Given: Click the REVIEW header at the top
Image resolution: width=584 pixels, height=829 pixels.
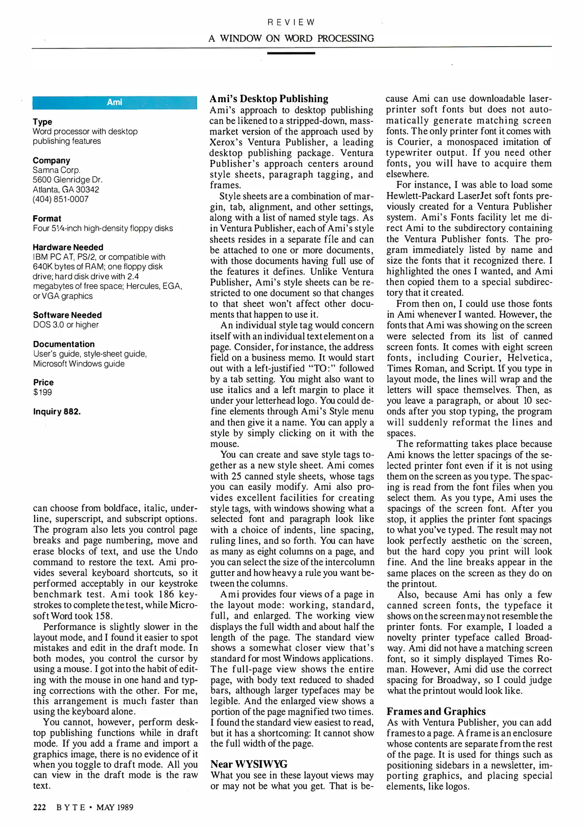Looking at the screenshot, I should point(291,22).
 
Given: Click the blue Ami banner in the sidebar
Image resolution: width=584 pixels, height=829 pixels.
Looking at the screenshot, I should point(115,102).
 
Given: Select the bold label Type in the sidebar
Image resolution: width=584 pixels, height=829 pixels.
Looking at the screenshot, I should point(42,122).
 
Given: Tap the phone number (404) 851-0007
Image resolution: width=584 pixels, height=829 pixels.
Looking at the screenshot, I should point(61,199).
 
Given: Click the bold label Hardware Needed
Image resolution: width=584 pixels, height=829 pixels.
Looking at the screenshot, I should point(68,247).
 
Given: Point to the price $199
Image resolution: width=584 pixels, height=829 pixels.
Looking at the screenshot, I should point(42,392).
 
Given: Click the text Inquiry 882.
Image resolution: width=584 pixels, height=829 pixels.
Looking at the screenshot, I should point(57,412).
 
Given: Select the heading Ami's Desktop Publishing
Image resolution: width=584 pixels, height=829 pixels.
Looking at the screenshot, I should point(269,99).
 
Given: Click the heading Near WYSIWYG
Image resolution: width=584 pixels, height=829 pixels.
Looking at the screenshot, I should point(249,764).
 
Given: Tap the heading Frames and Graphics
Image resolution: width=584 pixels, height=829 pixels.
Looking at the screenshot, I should point(436,712).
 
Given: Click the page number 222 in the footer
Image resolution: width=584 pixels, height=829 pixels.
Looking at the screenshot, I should point(40,807).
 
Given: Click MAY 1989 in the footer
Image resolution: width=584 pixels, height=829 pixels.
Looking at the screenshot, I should point(115,807).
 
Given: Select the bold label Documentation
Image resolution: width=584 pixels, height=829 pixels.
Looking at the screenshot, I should point(64,344).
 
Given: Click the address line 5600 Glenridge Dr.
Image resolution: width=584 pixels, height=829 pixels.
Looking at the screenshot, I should point(68,180).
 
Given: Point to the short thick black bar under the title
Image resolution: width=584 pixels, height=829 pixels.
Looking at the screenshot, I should point(291,53).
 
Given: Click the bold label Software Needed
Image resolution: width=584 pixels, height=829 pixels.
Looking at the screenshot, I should point(67,315).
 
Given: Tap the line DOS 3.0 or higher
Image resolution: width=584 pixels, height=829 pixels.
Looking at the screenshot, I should point(66,325).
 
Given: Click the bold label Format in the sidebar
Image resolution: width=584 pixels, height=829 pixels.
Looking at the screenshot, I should point(47,218).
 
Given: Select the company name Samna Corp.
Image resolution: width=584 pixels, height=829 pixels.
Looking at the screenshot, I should point(56,170).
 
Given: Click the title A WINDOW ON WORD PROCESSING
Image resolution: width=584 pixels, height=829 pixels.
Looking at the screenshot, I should point(291,38).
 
